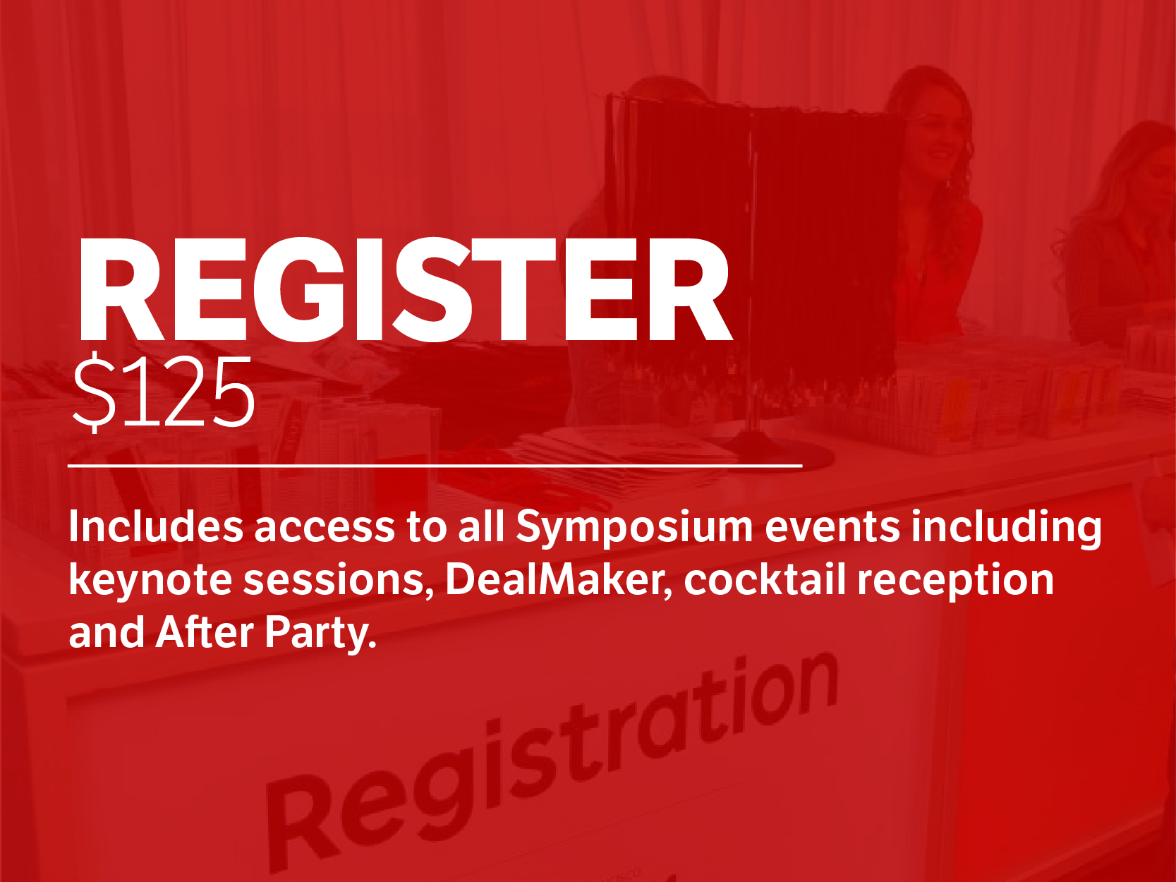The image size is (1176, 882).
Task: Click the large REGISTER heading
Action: [404, 291]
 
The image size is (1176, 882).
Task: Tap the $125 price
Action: [164, 393]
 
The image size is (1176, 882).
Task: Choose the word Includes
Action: [156, 526]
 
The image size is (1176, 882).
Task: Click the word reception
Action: [955, 582]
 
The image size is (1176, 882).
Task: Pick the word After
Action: [204, 632]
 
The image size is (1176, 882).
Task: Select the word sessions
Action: [338, 582]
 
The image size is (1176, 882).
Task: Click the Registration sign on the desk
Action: [552, 761]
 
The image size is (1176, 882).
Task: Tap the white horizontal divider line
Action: [435, 466]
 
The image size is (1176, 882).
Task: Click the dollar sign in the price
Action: [95, 393]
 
